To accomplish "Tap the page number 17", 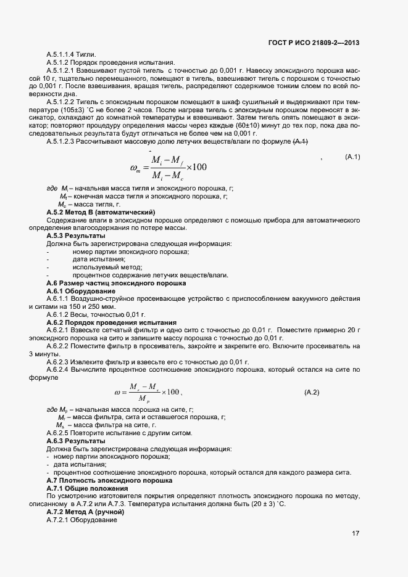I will (356, 534).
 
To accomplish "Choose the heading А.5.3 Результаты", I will (75, 235).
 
